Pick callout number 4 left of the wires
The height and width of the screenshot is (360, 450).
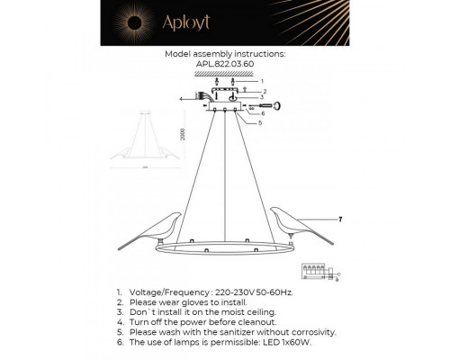(181, 98)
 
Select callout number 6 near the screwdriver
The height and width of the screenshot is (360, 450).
(263, 113)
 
